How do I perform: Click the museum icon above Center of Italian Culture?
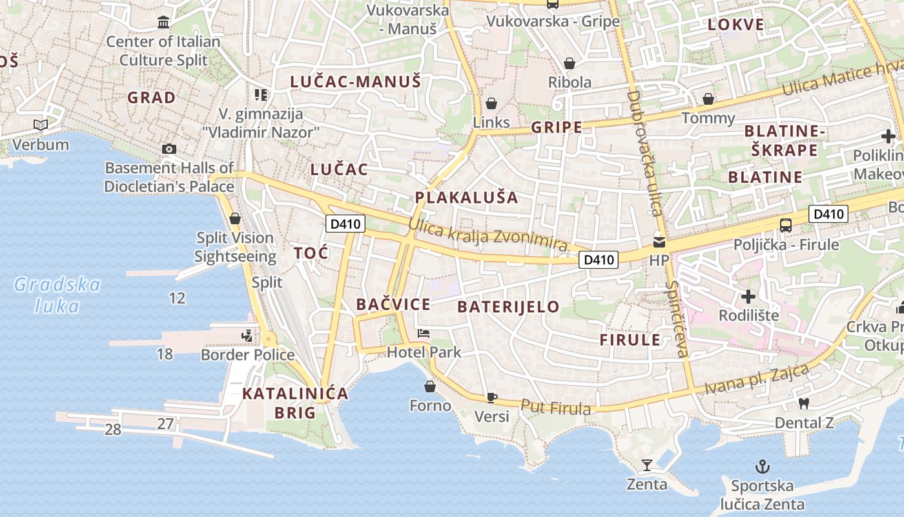[x=163, y=23]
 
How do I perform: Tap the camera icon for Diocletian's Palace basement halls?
[x=169, y=149]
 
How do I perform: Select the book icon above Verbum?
[x=41, y=125]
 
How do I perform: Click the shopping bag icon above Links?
[x=491, y=103]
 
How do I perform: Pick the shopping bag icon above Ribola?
[x=570, y=63]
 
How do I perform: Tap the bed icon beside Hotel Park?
[x=424, y=333]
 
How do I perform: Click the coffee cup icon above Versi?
[x=492, y=397]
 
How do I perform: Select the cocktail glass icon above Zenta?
[x=646, y=465]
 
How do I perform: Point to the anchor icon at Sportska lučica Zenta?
[x=763, y=467]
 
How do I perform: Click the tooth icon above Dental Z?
[x=804, y=404]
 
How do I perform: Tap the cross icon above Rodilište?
[x=748, y=297]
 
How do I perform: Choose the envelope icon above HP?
[x=659, y=242]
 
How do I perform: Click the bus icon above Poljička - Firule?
[x=786, y=226]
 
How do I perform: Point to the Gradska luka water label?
[x=57, y=295]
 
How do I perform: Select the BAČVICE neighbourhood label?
[x=393, y=304]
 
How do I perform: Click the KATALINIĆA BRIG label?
[x=295, y=403]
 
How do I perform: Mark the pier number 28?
[x=113, y=429]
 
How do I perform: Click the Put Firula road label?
[x=556, y=408]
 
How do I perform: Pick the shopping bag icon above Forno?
[x=430, y=386]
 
